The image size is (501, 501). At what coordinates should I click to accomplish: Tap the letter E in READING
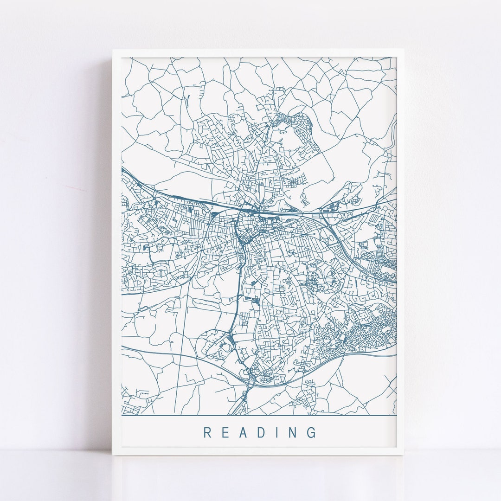[x=225, y=433]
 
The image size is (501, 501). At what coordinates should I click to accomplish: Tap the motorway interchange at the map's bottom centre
[x=250, y=383]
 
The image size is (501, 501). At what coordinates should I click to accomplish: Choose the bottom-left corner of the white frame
[x=113, y=455]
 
